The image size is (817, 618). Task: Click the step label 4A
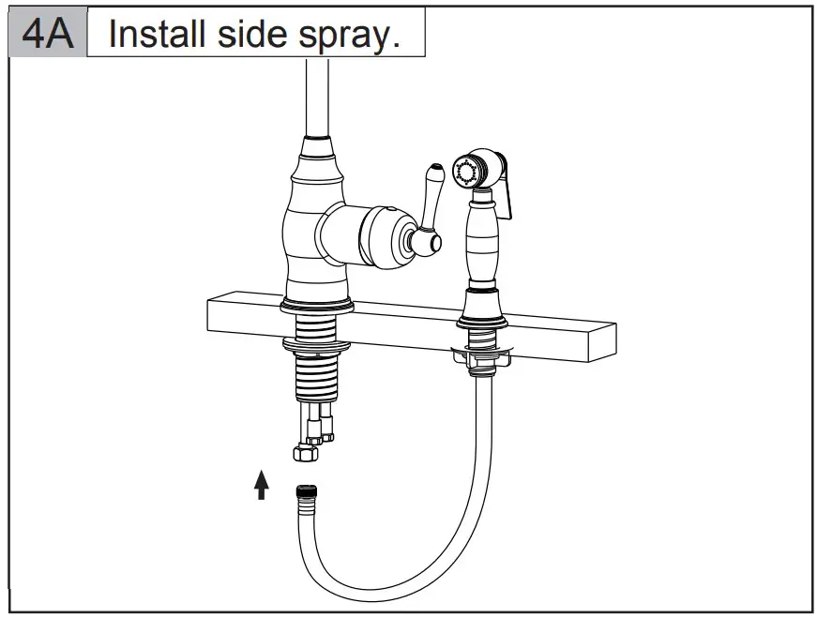point(47,34)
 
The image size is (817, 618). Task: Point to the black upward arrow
point(262,485)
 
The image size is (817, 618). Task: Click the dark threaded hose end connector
point(304,492)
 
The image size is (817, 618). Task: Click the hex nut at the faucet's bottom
point(306,452)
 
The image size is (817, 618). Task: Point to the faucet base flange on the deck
point(317,305)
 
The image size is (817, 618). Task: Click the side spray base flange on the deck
point(482,323)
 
